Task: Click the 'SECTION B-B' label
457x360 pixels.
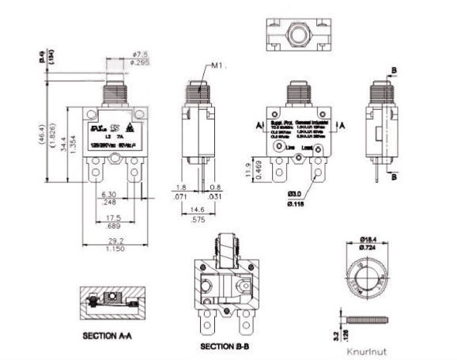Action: pos(225,347)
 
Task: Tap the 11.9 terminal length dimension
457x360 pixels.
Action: pos(248,168)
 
